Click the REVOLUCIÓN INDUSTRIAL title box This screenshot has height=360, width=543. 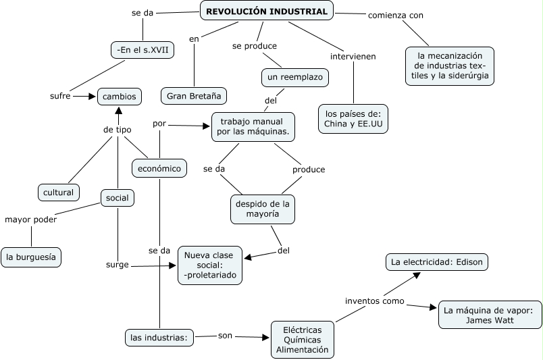click(266, 11)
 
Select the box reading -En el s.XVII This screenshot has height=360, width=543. click(142, 50)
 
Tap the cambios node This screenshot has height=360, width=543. click(120, 97)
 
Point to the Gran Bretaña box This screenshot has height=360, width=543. click(194, 96)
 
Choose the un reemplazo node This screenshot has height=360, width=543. click(294, 78)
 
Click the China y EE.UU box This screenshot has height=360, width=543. click(353, 118)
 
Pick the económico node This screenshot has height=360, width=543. click(159, 169)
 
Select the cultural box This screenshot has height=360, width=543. click(58, 192)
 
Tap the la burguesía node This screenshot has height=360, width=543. click(31, 257)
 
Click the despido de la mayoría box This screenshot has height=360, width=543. click(262, 209)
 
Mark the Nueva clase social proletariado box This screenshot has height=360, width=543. click(209, 265)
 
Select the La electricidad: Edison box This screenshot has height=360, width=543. click(436, 261)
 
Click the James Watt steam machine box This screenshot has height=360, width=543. click(490, 315)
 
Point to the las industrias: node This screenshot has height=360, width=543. click(159, 336)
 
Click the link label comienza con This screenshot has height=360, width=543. click(396, 15)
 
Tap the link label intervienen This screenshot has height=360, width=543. click(353, 56)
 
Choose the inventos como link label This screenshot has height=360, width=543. click(374, 301)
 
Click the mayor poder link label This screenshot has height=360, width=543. click(30, 219)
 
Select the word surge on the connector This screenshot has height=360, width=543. click(117, 265)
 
